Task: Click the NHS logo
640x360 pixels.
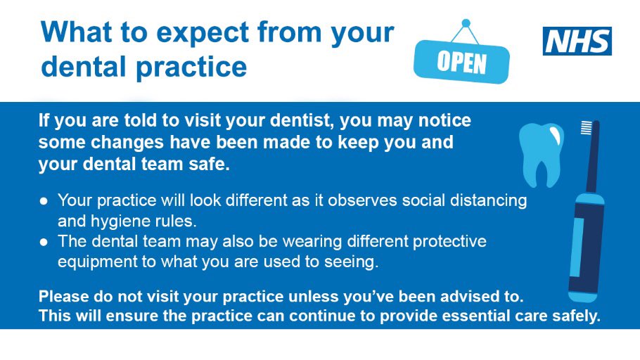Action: [x=577, y=41]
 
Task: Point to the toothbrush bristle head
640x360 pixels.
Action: [x=586, y=129]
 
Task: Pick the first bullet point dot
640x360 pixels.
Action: [x=44, y=200]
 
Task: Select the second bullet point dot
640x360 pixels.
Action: [x=44, y=242]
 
